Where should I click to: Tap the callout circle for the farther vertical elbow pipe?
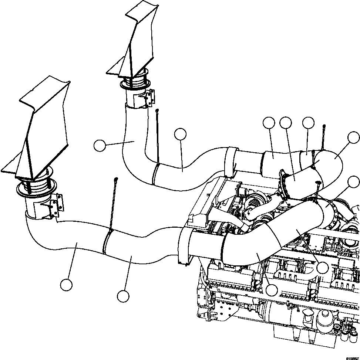point(100,146)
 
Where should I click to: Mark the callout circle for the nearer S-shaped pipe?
point(123,296)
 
